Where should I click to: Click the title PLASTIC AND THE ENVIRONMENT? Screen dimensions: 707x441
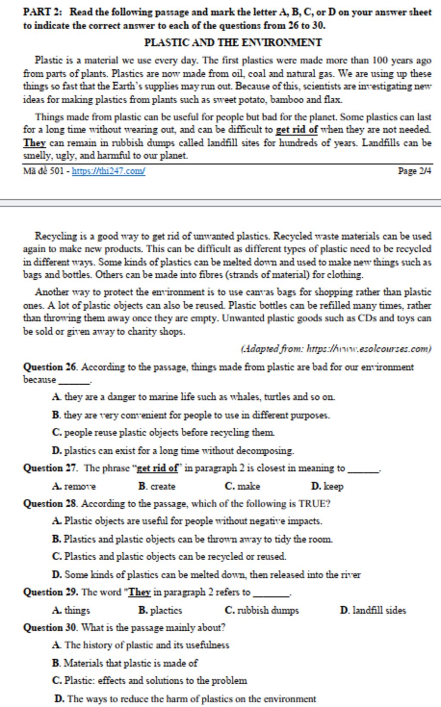coord(233,43)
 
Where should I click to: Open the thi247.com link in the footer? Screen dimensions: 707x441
coord(109,171)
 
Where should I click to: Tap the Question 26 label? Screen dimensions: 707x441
coord(50,367)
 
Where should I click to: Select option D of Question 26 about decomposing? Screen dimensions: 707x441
coord(173,451)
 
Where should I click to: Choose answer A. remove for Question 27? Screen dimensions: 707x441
coord(74,486)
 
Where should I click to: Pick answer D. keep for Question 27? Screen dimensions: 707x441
coord(327,486)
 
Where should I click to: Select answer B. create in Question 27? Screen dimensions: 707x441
coord(157,486)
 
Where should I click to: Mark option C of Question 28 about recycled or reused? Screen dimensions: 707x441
coord(169,556)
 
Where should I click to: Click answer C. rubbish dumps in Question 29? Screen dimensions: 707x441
coord(261,610)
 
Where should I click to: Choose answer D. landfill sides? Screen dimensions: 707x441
coord(373,610)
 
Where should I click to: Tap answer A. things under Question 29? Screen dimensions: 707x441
coord(71,610)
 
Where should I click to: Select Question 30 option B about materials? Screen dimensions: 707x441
coord(125,663)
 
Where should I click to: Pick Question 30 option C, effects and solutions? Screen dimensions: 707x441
coord(149,681)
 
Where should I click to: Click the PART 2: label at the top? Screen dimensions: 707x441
coord(43,12)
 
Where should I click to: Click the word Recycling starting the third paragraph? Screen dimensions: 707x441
coord(56,236)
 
